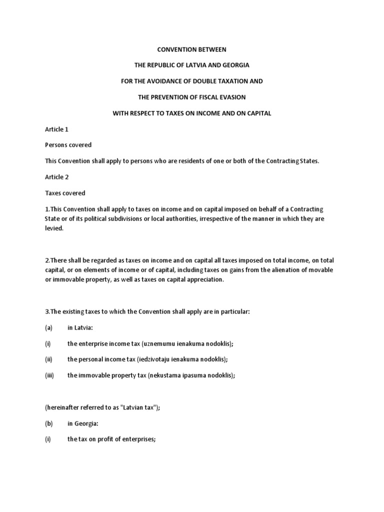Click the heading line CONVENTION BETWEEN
[192, 49]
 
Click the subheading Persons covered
[68, 145]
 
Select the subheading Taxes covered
[65, 193]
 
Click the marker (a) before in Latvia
[49, 327]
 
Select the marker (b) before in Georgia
[49, 423]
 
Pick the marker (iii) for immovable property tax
[49, 375]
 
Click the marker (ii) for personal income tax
[48, 359]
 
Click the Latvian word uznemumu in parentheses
[158, 343]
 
